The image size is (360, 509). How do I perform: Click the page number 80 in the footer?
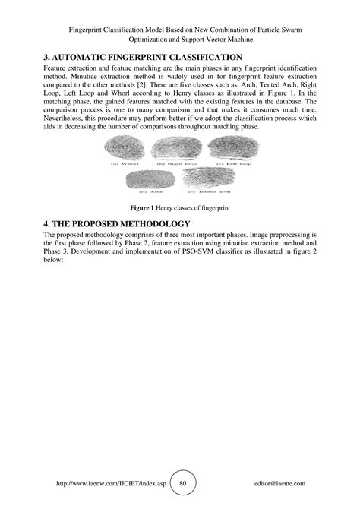(182, 483)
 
